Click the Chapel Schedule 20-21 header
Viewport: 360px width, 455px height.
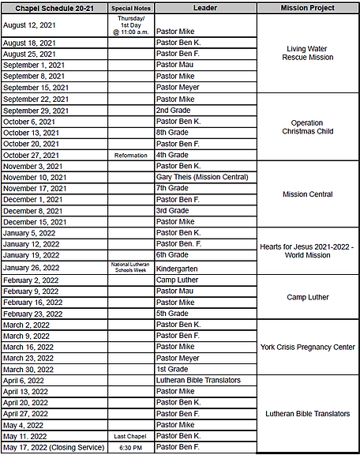coord(54,7)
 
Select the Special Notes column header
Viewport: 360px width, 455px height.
coord(131,7)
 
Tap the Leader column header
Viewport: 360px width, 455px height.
coord(204,7)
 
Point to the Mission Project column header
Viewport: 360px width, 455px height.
coord(307,7)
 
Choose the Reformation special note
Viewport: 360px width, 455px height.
coord(131,156)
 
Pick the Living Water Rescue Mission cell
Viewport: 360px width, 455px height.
coord(307,54)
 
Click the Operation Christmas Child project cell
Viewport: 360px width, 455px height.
coord(307,127)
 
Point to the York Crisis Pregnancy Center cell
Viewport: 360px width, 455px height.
coord(307,347)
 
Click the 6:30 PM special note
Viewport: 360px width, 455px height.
coord(131,447)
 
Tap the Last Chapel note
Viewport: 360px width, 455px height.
coord(131,436)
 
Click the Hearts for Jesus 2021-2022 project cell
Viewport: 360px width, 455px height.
coord(307,251)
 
